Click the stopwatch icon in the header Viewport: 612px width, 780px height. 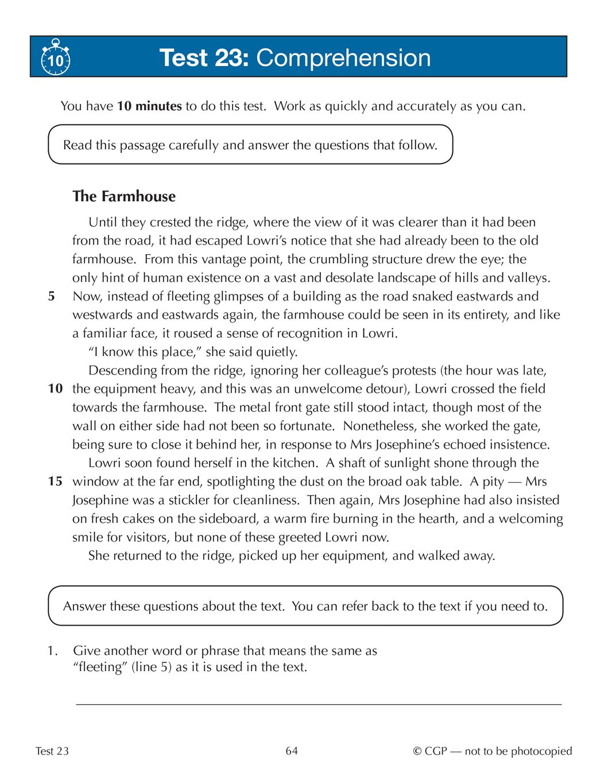point(56,57)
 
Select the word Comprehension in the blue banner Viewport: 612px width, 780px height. point(343,58)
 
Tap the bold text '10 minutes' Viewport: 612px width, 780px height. point(149,106)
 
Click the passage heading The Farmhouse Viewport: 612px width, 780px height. point(124,196)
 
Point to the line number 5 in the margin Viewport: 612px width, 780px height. point(52,297)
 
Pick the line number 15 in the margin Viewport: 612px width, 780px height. point(55,481)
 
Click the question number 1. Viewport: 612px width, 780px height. point(52,651)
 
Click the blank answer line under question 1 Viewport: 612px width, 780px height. point(319,703)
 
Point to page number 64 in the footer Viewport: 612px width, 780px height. point(292,751)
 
